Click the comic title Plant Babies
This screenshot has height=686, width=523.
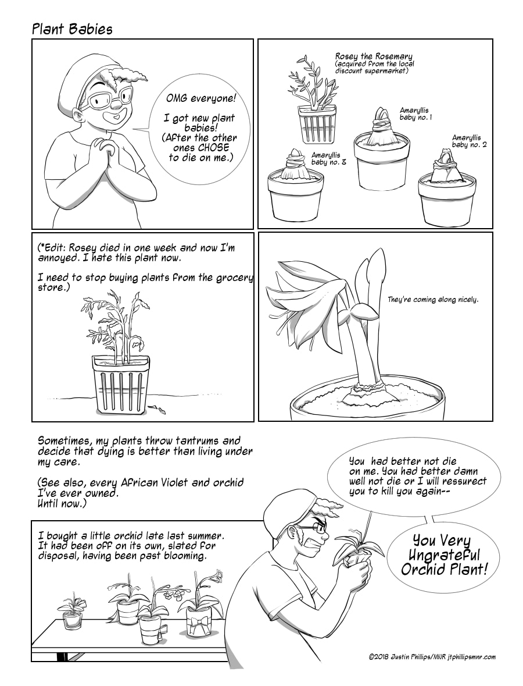pos(72,29)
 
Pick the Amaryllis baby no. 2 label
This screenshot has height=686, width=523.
pos(470,141)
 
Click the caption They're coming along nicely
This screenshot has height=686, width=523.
pos(433,300)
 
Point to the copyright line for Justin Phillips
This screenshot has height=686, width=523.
pos(432,657)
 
